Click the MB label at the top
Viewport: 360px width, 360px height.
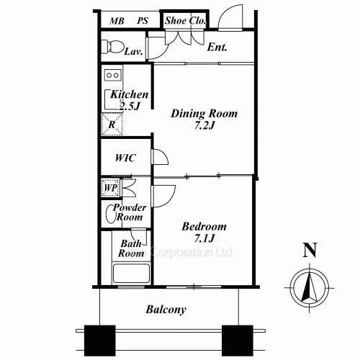coord(116,21)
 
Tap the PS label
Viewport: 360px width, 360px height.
coord(143,21)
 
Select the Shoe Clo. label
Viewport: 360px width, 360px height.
coord(185,21)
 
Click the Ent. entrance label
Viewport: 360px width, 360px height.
coord(217,48)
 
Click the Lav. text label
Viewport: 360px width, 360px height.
coord(132,52)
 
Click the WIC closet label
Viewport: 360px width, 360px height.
coord(126,158)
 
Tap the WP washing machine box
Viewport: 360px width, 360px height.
coord(110,187)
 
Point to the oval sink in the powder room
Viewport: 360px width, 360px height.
coord(110,213)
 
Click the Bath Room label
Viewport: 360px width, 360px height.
coord(132,249)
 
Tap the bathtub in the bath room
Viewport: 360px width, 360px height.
coord(130,274)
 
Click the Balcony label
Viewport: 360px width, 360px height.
coord(166,310)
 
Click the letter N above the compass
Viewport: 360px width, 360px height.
coord(310,251)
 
